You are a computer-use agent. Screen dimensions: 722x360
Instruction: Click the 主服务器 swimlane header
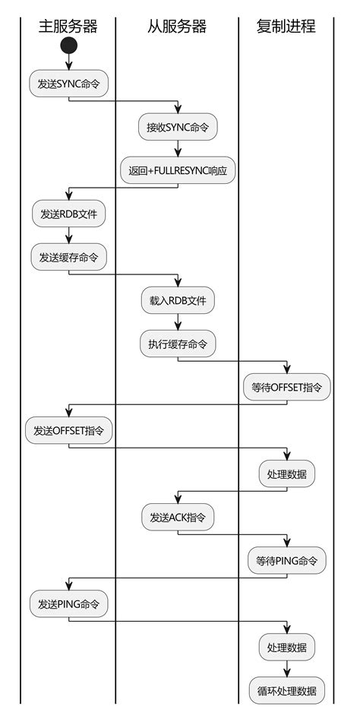click(x=68, y=27)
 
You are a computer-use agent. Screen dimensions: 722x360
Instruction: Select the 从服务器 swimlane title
click(x=177, y=27)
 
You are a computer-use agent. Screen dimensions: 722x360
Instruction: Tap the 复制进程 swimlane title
click(x=286, y=27)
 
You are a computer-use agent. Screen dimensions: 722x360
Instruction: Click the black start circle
click(x=68, y=46)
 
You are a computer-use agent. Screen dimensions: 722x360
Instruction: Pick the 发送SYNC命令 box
click(x=68, y=84)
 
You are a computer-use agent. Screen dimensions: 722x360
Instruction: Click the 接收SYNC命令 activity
click(x=178, y=128)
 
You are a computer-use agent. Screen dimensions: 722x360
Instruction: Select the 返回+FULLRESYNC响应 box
click(x=178, y=171)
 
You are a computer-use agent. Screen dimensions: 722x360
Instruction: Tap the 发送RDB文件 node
click(x=68, y=214)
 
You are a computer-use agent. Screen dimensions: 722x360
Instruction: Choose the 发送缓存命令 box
click(x=68, y=258)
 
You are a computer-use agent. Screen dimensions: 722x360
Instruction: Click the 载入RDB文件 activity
click(x=178, y=300)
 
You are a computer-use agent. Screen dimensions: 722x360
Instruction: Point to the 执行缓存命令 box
click(x=178, y=344)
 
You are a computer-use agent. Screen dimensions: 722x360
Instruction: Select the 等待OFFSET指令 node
click(x=286, y=387)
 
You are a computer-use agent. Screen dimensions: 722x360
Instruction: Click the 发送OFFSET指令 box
click(x=68, y=430)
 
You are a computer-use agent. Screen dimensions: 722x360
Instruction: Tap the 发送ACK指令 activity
click(x=178, y=517)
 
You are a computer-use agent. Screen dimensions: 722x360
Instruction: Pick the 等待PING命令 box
click(x=286, y=560)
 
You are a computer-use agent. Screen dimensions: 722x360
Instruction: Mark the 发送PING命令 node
click(x=68, y=605)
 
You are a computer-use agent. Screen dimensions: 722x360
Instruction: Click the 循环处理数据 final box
click(x=286, y=691)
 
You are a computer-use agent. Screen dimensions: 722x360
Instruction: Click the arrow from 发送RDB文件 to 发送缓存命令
click(x=68, y=236)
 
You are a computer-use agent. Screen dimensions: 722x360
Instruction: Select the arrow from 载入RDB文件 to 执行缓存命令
click(x=178, y=322)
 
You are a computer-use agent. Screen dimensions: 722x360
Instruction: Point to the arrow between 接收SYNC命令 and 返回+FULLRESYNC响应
click(x=178, y=149)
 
